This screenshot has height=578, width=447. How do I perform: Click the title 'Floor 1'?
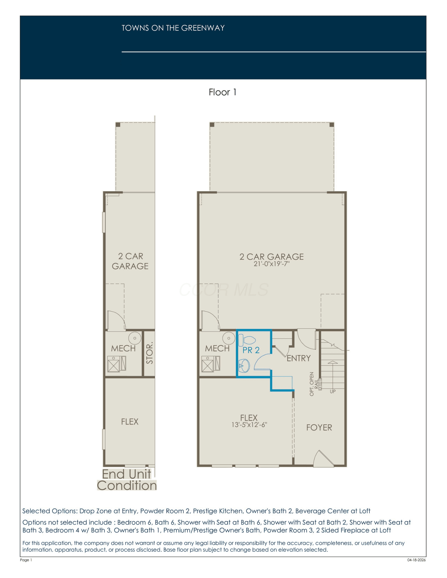222,92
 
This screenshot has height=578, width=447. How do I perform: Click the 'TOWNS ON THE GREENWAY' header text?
173,28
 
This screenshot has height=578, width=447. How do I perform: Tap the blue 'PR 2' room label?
251,350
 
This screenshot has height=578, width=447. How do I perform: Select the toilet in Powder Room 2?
247,340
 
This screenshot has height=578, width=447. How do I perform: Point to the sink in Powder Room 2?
244,366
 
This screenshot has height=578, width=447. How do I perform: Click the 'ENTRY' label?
299,358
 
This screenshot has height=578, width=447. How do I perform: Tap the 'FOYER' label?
319,427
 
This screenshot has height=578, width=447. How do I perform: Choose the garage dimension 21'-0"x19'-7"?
272,264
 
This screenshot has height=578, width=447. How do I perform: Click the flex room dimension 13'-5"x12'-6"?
249,425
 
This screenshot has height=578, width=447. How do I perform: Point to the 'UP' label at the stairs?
333,392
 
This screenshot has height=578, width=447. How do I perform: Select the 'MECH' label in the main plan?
217,349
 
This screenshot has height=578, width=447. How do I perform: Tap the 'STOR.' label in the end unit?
149,353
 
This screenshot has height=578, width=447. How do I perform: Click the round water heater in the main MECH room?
229,338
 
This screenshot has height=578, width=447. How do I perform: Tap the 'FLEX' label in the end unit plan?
130,422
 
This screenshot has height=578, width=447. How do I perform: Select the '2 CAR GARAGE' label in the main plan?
272,257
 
